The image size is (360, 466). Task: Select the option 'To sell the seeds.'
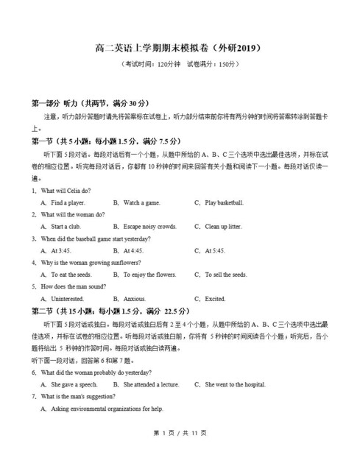pyautogui.click(x=226, y=275)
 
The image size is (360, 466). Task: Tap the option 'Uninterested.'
pyautogui.click(x=68, y=299)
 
